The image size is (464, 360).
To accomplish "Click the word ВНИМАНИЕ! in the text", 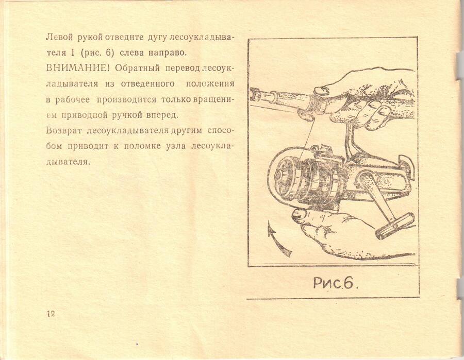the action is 78,68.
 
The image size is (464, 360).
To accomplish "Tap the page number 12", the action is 51,314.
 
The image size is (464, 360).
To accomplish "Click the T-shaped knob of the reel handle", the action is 395,227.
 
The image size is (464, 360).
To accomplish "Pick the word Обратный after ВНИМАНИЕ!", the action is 138,68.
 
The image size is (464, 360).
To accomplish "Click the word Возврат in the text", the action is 63,130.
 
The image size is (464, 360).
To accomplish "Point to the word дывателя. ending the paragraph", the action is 68,162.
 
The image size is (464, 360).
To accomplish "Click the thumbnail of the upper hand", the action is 323,89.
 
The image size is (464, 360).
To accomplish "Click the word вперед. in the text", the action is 162,115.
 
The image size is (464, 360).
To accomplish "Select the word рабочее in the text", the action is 72,99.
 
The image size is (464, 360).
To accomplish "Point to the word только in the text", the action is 176,99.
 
